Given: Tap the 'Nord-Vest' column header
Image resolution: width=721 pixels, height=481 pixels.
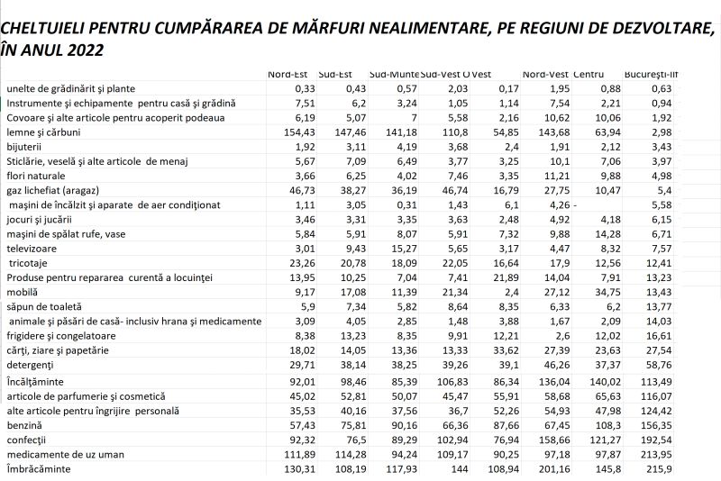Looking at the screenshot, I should point(544,73).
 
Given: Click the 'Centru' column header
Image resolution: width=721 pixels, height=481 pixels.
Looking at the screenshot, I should point(589,73).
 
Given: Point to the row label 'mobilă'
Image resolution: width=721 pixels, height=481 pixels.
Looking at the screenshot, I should point(23,292).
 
